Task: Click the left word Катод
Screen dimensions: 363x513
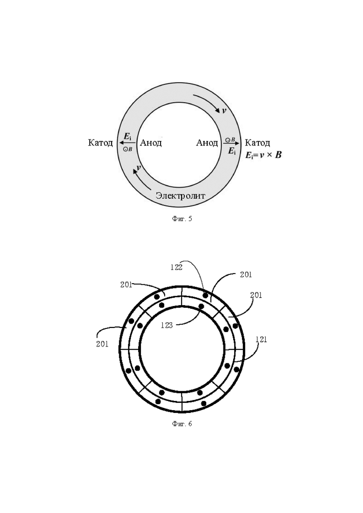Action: coord(100,143)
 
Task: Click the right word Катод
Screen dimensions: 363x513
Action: coord(257,143)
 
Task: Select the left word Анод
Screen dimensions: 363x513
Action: coord(151,143)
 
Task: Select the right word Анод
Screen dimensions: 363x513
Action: coord(207,143)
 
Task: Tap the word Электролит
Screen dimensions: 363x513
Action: coord(181,196)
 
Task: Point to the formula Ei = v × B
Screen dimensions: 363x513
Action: coord(263,155)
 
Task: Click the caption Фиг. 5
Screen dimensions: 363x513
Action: coord(181,219)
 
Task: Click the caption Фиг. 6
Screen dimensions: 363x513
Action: coord(181,424)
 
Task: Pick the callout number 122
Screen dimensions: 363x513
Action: coord(176,267)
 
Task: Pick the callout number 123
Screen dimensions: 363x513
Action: coord(167,326)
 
